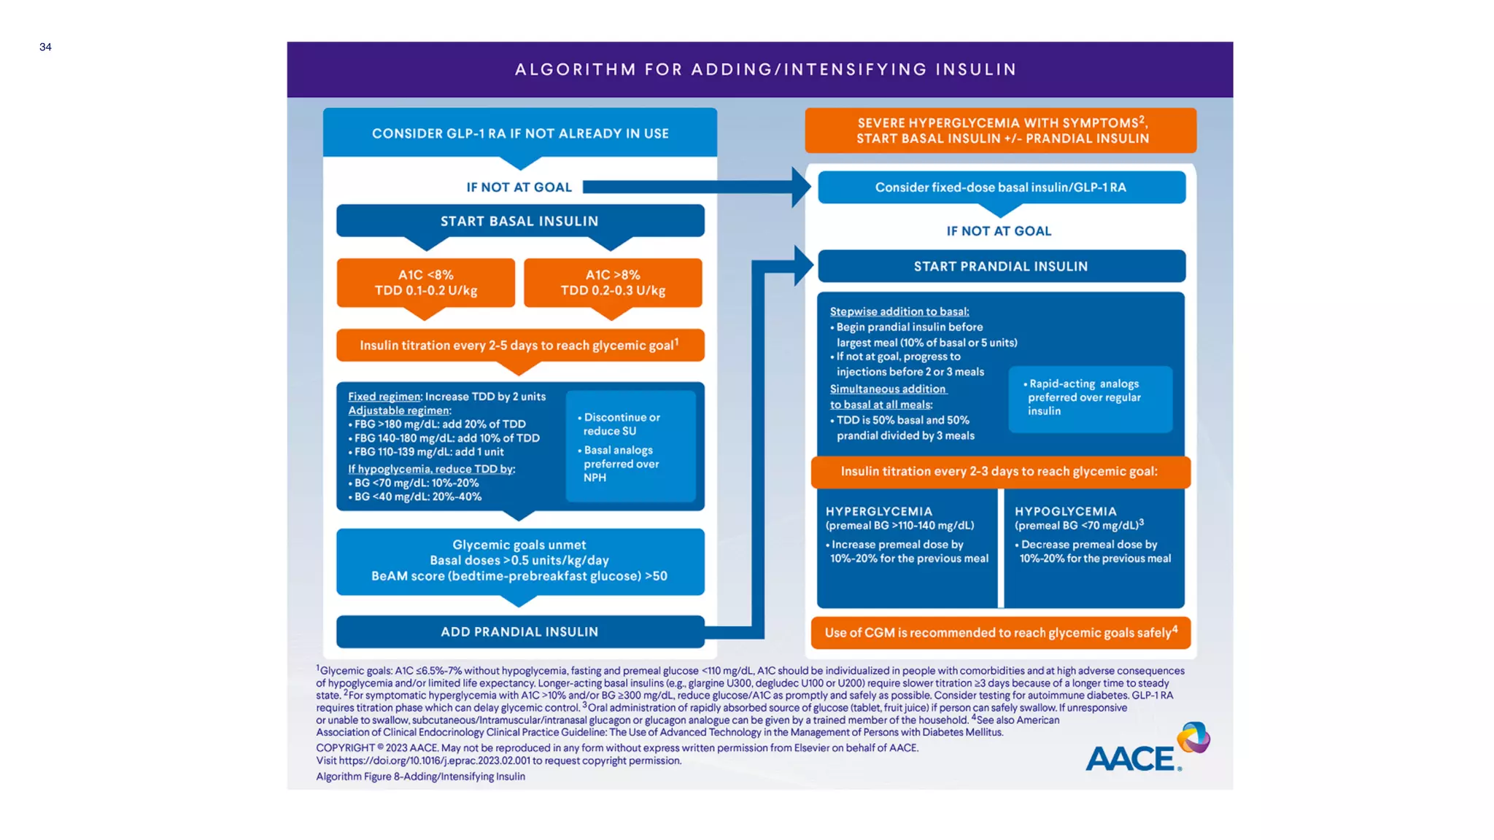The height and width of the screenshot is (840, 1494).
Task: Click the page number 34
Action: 45,47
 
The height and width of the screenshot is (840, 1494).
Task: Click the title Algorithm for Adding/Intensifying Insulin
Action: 765,69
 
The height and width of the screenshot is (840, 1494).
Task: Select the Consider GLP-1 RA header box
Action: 520,133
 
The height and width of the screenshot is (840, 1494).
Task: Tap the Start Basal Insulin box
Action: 519,221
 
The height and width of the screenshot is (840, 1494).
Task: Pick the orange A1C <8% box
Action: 426,283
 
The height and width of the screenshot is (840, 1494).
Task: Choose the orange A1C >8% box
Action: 613,283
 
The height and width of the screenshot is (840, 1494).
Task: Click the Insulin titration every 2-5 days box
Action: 519,345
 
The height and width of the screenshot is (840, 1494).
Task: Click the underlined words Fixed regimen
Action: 384,397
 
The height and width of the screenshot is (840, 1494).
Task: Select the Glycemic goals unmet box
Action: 519,561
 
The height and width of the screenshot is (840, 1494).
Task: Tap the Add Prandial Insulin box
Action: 519,632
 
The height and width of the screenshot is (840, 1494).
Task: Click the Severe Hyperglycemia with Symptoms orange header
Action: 1001,131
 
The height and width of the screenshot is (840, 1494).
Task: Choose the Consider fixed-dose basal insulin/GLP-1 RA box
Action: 1001,187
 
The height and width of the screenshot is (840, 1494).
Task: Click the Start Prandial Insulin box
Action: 1001,267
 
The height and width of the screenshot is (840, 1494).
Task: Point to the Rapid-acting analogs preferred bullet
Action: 1084,397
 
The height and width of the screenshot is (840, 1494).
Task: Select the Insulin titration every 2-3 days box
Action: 999,472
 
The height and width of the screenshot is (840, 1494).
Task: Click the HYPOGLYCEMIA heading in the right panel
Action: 1066,512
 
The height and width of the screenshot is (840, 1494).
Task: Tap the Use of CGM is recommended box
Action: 1000,633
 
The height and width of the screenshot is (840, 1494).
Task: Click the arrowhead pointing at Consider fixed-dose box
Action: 802,187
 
